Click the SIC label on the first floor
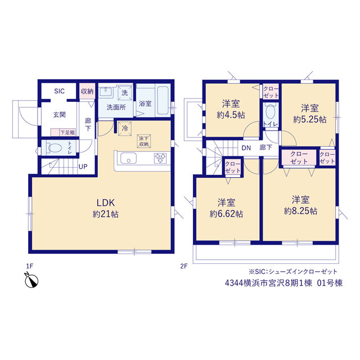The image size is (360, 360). click(x=59, y=91)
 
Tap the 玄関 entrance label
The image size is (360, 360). click(x=60, y=115)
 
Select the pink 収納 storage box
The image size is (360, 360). click(x=87, y=91)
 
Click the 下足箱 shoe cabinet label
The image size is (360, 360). click(x=67, y=133)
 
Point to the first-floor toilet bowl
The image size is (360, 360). click(x=54, y=147)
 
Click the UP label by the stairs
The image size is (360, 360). click(x=83, y=166)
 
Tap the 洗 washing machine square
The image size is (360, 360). click(x=125, y=92)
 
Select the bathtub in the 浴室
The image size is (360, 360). click(x=163, y=100)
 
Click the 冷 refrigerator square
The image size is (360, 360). click(x=125, y=129)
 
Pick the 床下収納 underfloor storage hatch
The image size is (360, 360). click(x=144, y=141)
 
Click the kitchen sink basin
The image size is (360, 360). click(x=129, y=158)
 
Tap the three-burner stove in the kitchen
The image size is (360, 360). click(x=160, y=158)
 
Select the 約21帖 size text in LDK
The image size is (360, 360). click(x=106, y=214)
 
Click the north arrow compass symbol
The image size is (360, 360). click(x=31, y=280)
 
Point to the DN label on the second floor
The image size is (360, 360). click(x=246, y=148)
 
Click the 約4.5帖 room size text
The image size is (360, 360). click(x=231, y=115)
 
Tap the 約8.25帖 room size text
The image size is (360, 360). click(x=300, y=211)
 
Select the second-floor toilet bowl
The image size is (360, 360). click(x=271, y=111)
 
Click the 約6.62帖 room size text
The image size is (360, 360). click(x=226, y=214)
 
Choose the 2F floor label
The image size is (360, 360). click(x=184, y=266)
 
